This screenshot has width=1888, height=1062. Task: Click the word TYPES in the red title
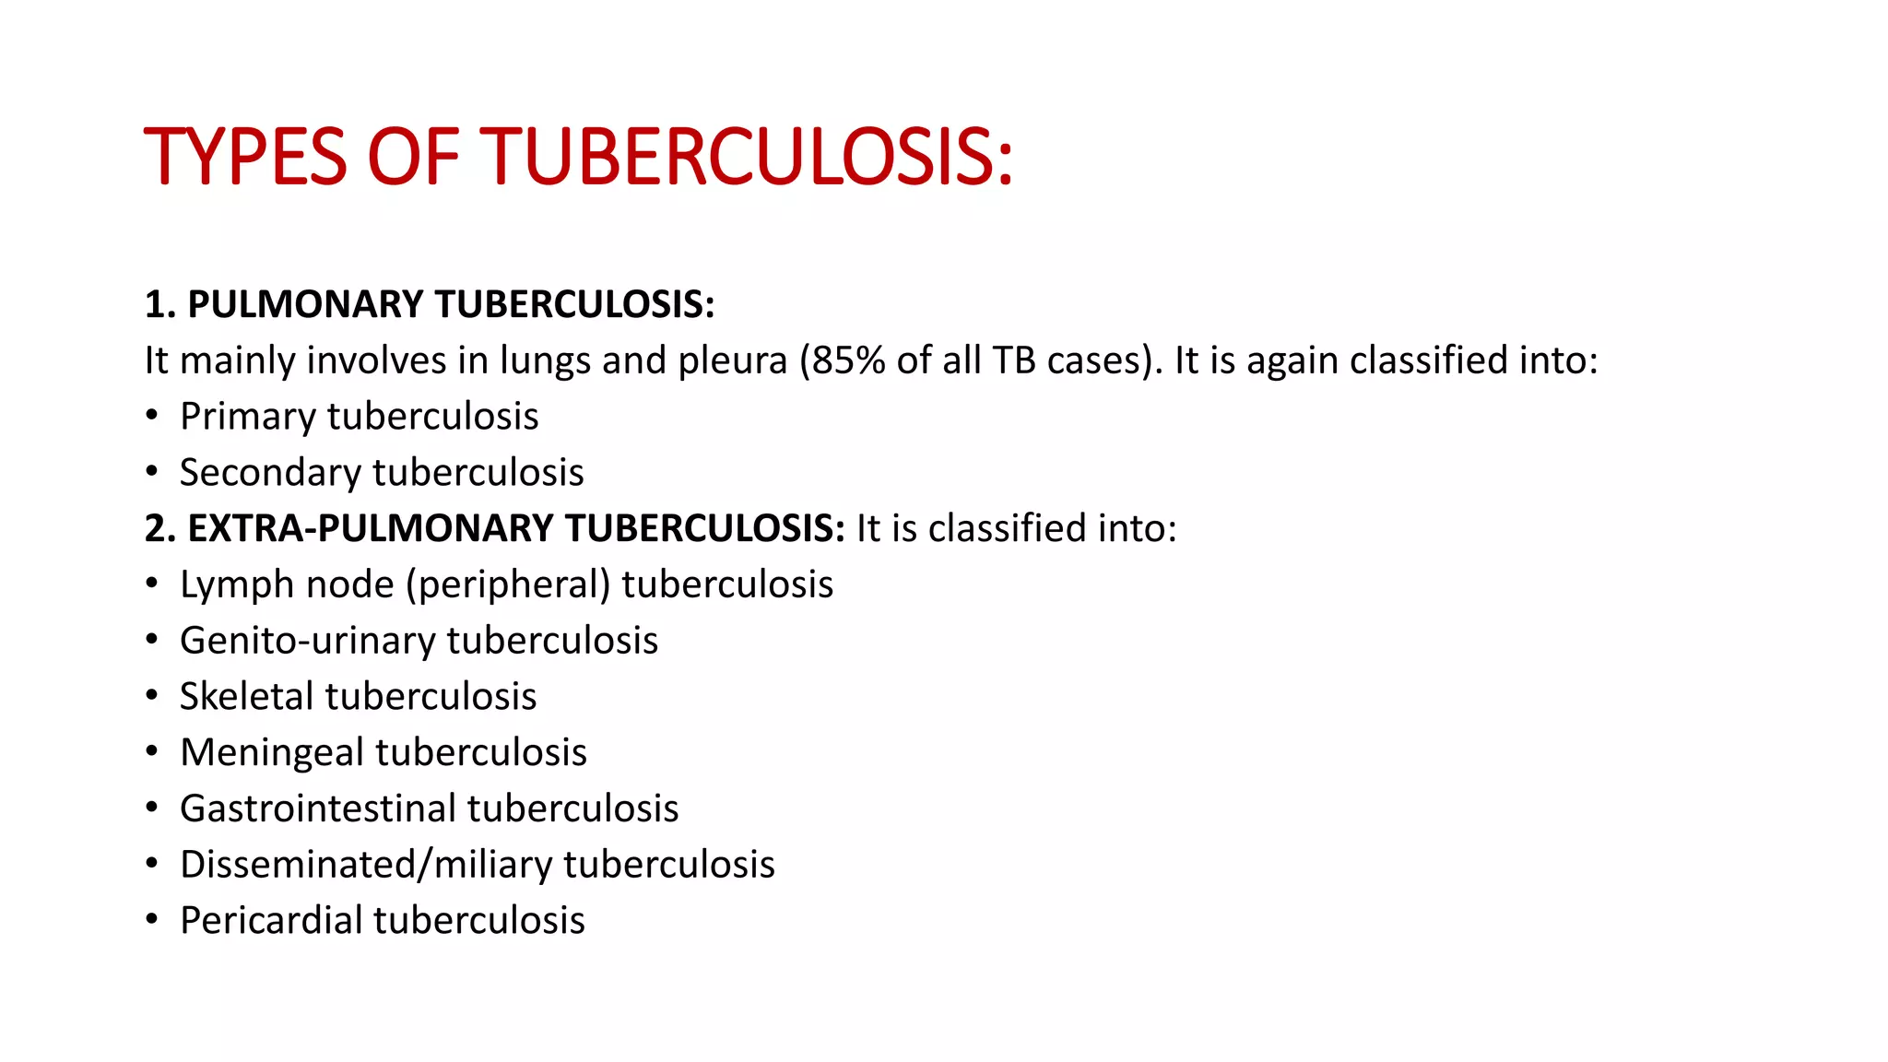tap(245, 157)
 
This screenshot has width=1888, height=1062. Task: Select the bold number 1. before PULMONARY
tap(160, 304)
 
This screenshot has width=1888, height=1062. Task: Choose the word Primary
tap(247, 417)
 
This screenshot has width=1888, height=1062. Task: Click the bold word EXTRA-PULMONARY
tap(371, 529)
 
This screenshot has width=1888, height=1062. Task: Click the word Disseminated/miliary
tap(366, 865)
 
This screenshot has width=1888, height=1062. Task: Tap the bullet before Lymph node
tap(151, 584)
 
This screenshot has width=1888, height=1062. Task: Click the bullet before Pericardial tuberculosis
tap(151, 920)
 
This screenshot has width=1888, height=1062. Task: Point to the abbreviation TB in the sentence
tap(1013, 360)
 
